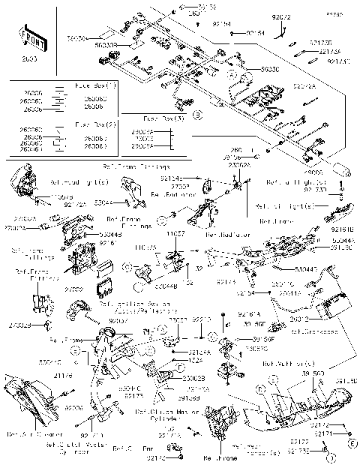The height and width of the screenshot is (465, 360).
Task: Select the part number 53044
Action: [104, 202]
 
